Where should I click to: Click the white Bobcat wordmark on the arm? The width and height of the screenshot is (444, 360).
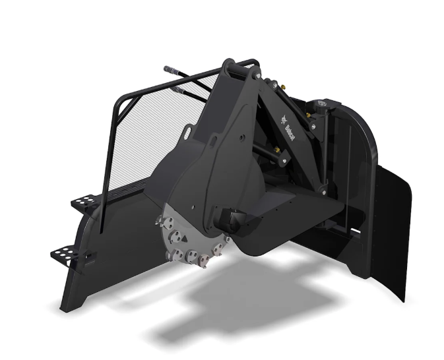290,133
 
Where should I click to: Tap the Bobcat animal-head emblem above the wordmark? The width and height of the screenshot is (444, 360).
284,119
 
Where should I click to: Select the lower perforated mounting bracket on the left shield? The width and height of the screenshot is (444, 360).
65,253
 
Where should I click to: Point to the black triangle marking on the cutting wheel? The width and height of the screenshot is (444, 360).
184,239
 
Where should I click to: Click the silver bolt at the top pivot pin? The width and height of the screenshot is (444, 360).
257,76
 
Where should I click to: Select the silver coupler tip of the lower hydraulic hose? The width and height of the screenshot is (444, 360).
179,90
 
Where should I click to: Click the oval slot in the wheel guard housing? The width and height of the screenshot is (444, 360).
188,133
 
